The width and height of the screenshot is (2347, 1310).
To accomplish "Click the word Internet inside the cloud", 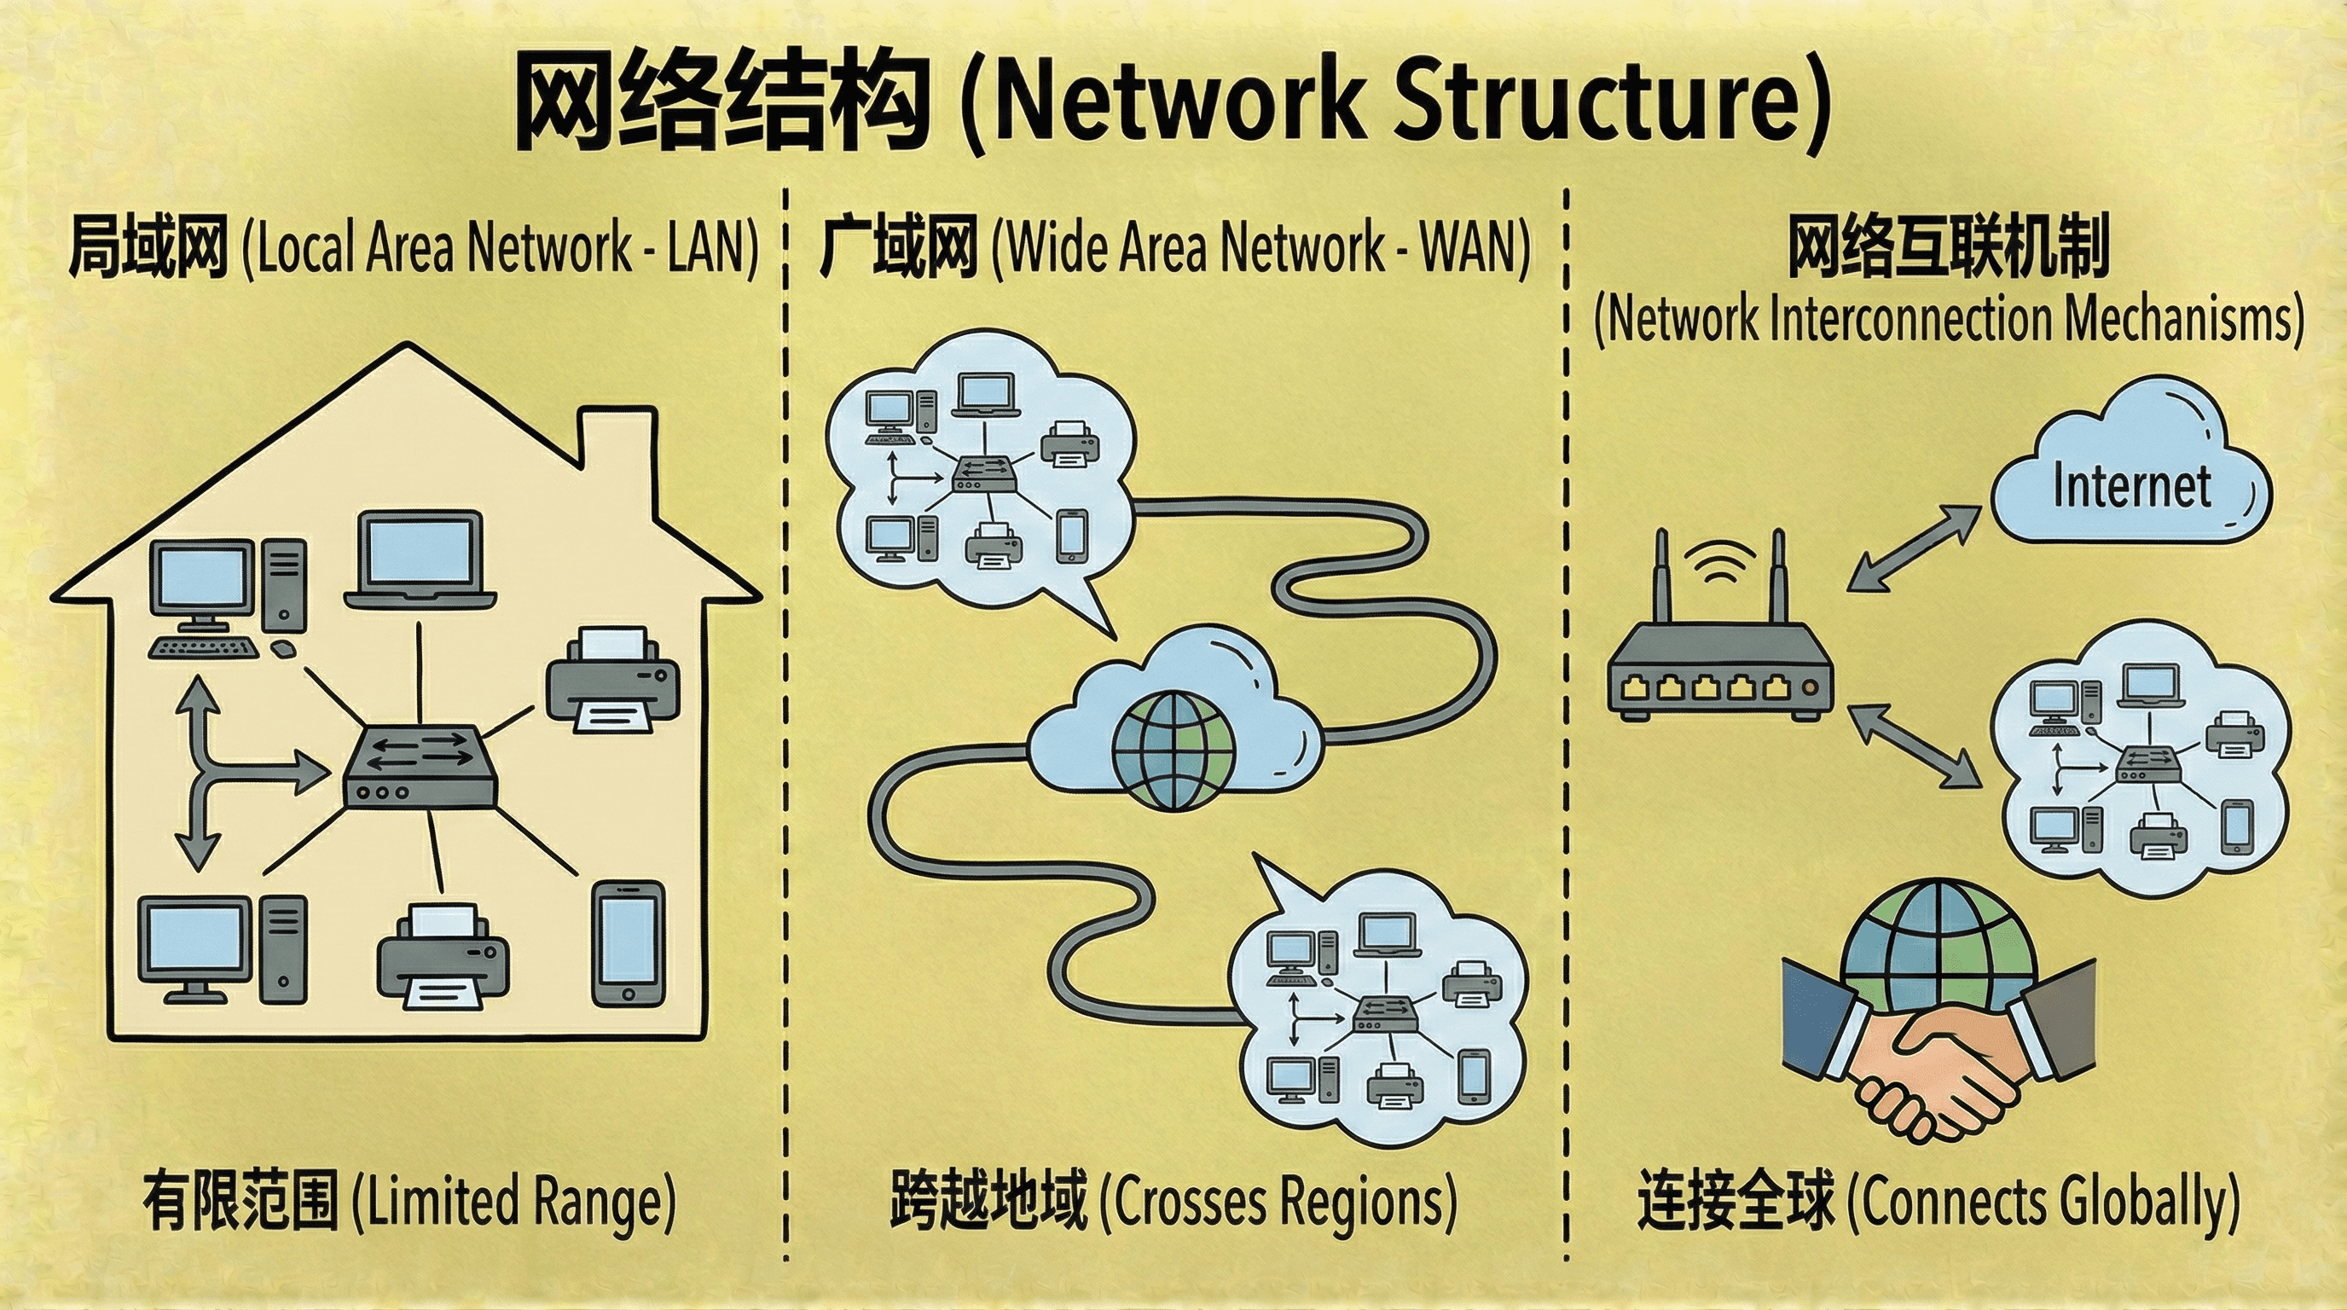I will click(2131, 486).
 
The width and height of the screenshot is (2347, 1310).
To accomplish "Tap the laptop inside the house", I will click(420, 559).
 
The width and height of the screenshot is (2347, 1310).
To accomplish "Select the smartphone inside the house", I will click(628, 943).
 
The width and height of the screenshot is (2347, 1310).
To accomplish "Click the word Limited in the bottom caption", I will click(445, 1203).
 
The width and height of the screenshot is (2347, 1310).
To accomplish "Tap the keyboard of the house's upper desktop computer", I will click(203, 647).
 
